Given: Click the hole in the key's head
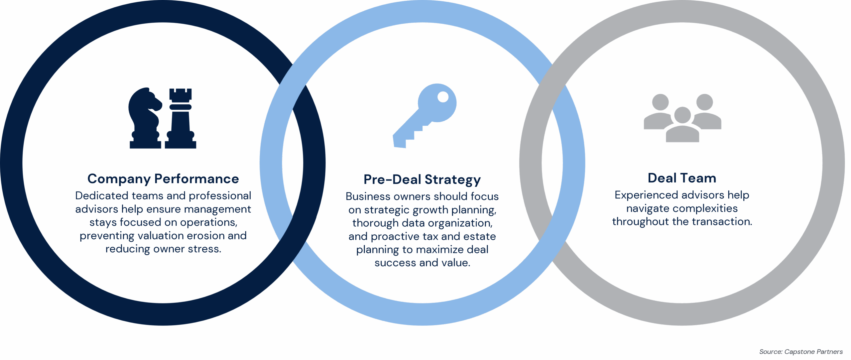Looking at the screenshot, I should (442, 97).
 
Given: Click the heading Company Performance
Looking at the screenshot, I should (163, 179).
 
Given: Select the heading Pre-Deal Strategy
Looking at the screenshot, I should (422, 180).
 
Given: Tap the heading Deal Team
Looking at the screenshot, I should (682, 178).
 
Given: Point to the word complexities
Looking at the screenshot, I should (702, 208).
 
